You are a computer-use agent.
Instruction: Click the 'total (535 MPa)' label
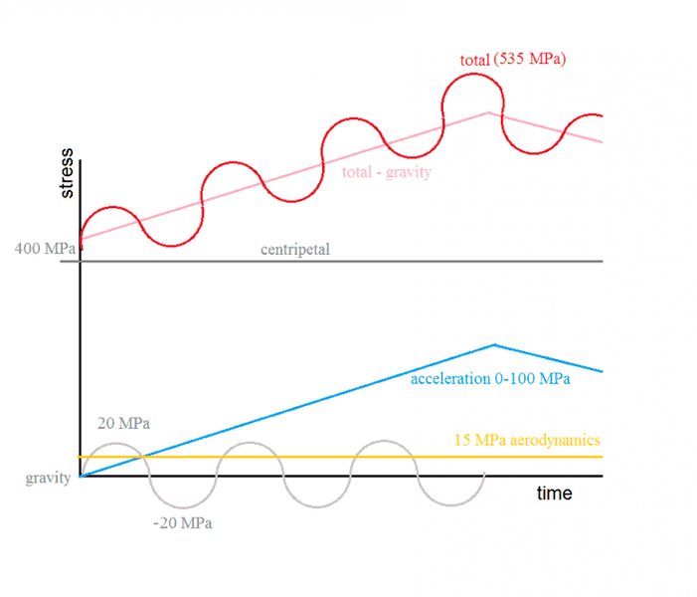pos(513,60)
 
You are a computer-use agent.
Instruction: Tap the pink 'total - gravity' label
pos(387,172)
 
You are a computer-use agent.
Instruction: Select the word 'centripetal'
pos(295,249)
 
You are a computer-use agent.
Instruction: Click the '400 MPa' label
pos(46,248)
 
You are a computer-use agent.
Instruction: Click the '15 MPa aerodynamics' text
pos(527,440)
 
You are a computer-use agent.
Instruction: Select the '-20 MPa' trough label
pos(183,522)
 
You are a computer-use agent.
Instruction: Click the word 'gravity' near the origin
pos(48,478)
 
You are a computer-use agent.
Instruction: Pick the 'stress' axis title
pos(66,173)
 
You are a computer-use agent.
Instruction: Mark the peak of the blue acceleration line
pos(494,345)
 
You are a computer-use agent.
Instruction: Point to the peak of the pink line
pos(487,112)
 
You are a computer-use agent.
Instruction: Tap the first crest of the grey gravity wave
pos(113,444)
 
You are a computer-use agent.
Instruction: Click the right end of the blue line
pos(603,372)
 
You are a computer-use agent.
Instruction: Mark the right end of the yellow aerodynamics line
pos(603,457)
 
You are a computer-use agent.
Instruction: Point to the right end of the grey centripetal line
pos(603,262)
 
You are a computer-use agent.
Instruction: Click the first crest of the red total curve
pos(112,208)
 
